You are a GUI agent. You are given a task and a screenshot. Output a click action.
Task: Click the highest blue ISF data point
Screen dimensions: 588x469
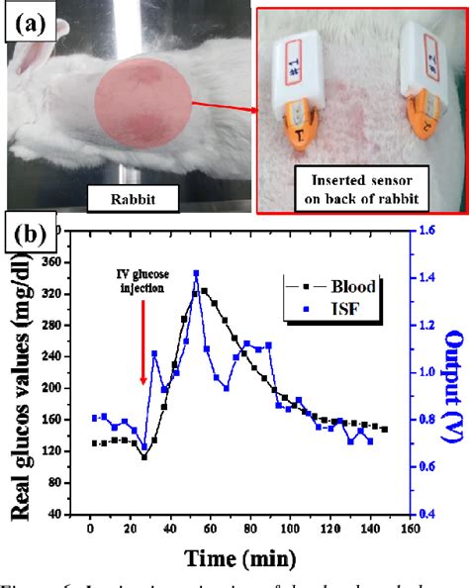coord(196,273)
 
